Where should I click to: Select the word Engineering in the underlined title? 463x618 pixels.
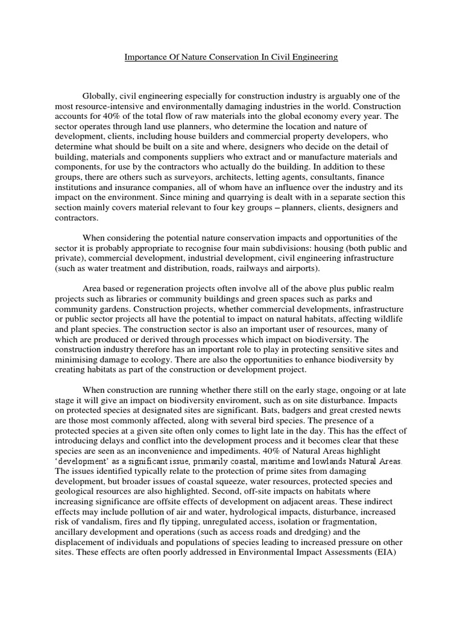click(x=313, y=58)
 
